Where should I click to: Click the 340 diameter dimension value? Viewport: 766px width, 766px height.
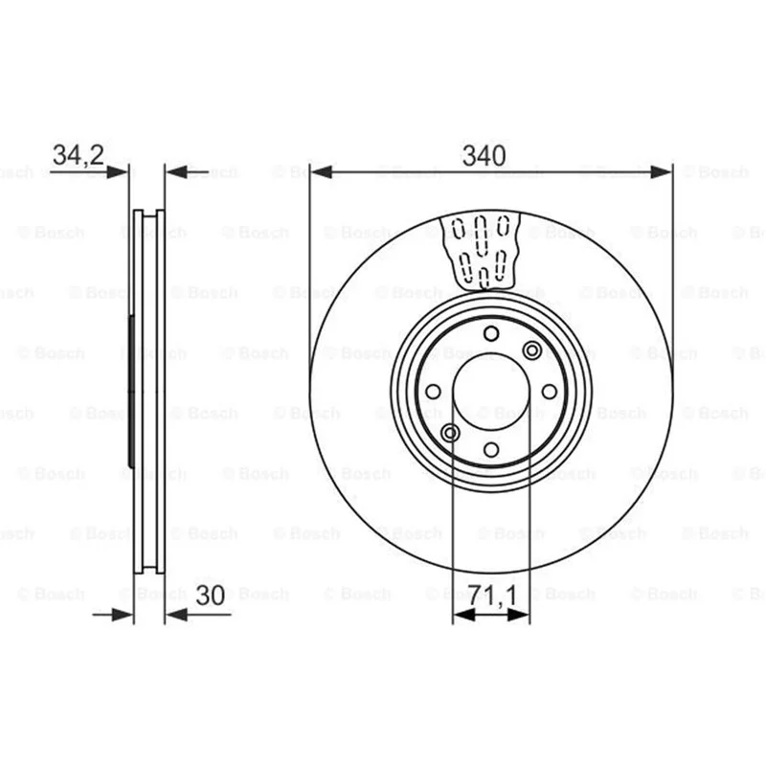pos(484,155)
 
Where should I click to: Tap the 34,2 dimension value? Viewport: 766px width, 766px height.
pos(79,155)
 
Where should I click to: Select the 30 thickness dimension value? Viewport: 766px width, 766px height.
pos(210,595)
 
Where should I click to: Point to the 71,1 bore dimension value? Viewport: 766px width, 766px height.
pos(492,596)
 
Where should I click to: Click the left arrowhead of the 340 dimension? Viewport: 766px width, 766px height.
pos(322,172)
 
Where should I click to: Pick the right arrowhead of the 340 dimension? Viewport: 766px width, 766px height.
pos(661,172)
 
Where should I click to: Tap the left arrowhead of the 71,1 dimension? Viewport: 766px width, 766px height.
pos(464,615)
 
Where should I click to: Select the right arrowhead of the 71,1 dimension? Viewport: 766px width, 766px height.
pos(519,615)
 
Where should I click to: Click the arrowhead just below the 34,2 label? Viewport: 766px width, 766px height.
pos(117,172)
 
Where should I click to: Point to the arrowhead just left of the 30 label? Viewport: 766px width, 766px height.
pos(176,615)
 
